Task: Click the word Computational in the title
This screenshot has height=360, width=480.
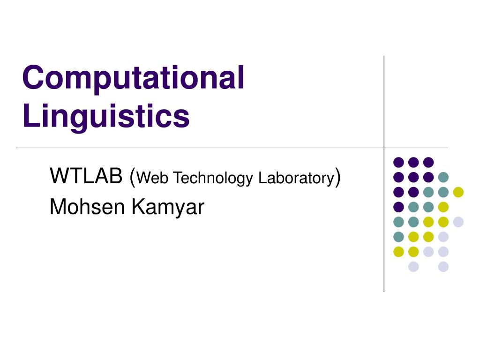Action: point(133,78)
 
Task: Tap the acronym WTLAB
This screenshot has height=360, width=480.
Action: point(86,177)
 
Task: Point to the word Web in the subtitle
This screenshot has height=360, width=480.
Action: point(150,178)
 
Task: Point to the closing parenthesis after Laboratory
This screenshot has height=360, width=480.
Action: point(337,178)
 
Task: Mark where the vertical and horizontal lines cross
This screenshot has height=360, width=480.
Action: point(384,148)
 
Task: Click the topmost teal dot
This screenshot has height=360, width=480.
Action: point(443,177)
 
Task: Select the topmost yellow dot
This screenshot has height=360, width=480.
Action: point(458,192)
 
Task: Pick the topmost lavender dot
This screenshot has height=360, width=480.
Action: point(458,222)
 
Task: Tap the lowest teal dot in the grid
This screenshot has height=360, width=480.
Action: point(398,237)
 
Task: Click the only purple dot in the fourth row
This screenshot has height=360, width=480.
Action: point(398,207)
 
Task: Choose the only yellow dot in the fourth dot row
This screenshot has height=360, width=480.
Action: point(443,207)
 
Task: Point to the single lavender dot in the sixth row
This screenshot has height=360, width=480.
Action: point(443,237)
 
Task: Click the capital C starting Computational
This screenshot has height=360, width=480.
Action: point(32,78)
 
